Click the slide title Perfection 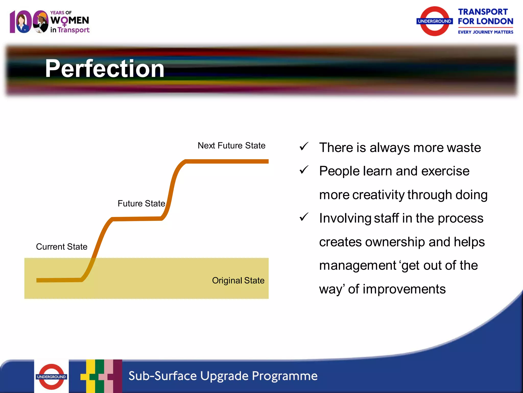[105, 69]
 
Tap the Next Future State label [231, 146]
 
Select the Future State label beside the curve [141, 204]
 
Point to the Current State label [62, 247]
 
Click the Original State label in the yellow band [238, 280]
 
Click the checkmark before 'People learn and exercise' [304, 170]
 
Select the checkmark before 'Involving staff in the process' [304, 217]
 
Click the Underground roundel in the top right [434, 21]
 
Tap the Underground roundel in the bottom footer [51, 377]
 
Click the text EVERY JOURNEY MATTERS [485, 32]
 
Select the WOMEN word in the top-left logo [69, 20]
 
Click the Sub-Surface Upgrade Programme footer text [223, 376]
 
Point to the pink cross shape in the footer [109, 376]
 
